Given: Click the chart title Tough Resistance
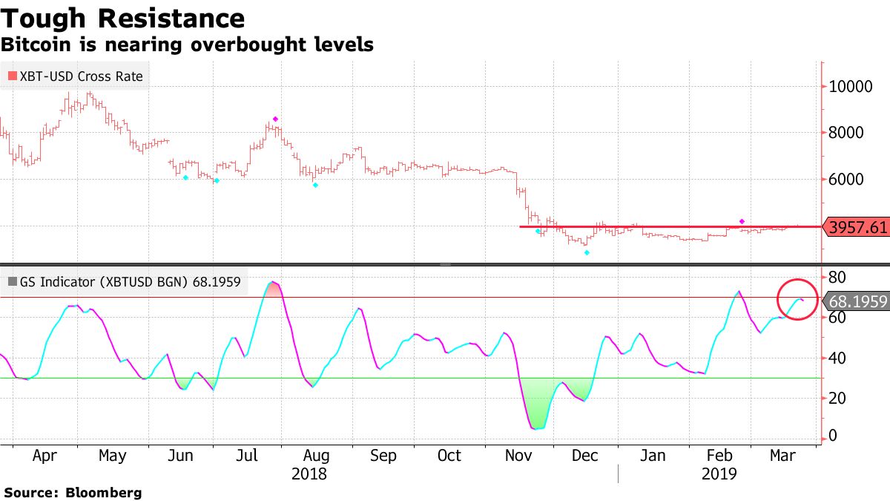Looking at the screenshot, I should tap(122, 18).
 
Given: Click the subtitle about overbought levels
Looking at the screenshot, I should tap(187, 45).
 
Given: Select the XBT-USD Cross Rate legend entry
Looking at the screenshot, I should tap(74, 76).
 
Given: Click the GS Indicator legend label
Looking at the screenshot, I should tap(126, 282).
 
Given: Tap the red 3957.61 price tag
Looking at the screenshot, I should tap(859, 227).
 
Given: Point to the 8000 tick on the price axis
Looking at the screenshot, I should tap(849, 133).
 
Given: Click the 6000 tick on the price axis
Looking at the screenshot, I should tap(849, 180).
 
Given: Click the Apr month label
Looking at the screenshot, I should tap(44, 456).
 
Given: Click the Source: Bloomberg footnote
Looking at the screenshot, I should tap(73, 492).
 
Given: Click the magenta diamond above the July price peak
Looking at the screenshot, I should tap(275, 119).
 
